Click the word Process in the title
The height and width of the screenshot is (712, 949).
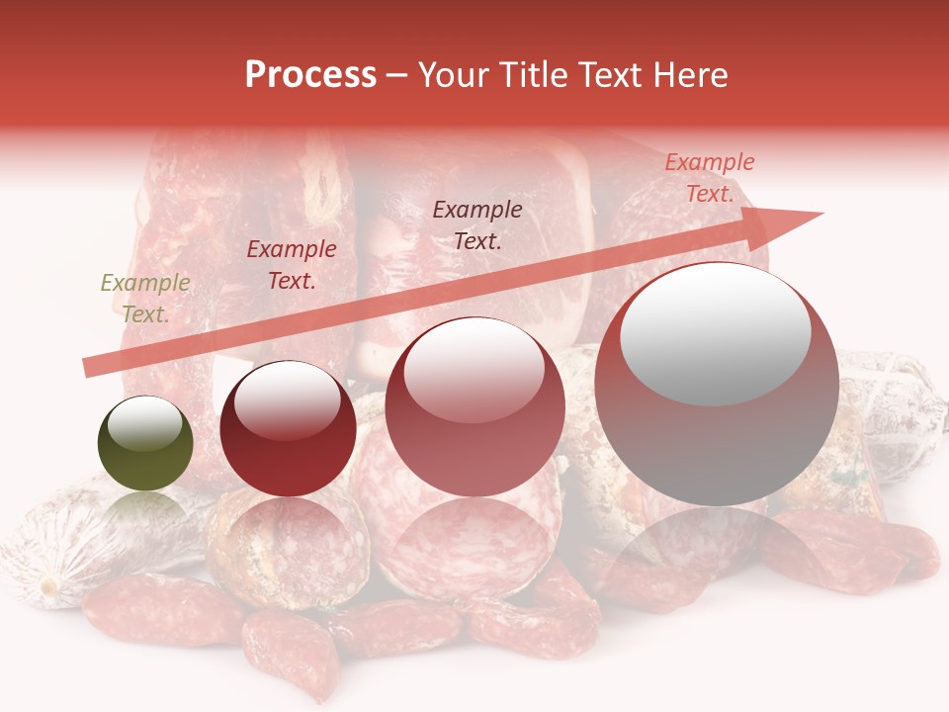click(310, 75)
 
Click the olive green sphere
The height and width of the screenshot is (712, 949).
click(145, 444)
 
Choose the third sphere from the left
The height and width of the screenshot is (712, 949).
click(474, 407)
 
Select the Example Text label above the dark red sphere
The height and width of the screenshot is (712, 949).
click(292, 265)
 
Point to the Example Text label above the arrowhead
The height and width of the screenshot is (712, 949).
click(709, 178)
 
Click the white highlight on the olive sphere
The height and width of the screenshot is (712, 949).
click(145, 423)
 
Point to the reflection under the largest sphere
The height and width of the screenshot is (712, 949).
click(717, 554)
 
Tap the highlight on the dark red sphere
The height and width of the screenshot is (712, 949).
click(288, 400)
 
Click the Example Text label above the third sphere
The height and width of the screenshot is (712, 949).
click(477, 224)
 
